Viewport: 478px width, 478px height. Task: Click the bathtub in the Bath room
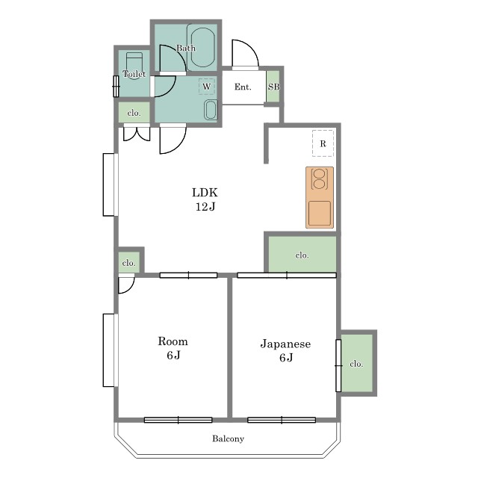pos(202,47)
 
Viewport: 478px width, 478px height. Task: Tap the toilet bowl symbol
pos(134,66)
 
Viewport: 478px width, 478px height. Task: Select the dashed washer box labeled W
pos(207,87)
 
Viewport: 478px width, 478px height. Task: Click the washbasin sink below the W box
pos(211,110)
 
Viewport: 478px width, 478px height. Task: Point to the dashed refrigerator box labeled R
pos(323,143)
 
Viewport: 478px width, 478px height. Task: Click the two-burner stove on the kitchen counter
pos(319,179)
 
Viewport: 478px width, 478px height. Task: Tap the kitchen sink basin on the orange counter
pos(320,213)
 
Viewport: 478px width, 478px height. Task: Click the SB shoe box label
pos(273,87)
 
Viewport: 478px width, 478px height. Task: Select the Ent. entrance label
pos(243,87)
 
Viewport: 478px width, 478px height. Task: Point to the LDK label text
pos(205,193)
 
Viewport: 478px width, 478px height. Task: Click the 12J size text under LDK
pos(205,207)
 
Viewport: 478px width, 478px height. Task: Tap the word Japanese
pos(285,344)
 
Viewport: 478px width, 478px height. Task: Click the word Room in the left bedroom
pos(173,341)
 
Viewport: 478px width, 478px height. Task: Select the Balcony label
pos(229,438)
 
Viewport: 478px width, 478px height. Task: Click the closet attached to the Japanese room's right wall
pos(357,363)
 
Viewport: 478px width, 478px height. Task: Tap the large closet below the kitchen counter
pos(302,254)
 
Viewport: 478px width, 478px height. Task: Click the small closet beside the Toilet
pos(134,113)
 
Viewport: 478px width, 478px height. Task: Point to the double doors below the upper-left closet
pos(137,134)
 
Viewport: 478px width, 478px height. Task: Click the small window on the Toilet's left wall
pos(116,87)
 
